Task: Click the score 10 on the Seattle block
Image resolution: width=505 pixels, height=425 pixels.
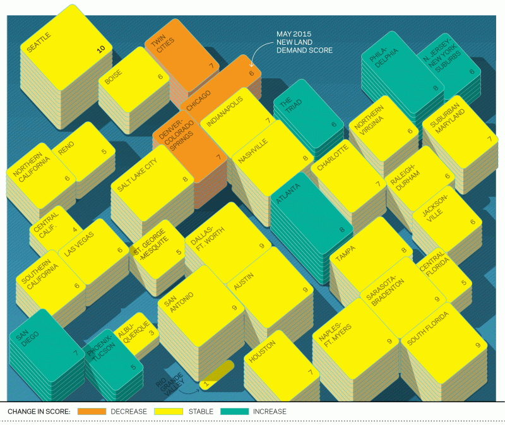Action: point(101,49)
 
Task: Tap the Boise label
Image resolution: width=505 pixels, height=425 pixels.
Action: point(114,76)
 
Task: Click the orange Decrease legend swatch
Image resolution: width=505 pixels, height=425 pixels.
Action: point(92,412)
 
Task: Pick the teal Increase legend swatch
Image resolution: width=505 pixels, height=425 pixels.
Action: point(234,412)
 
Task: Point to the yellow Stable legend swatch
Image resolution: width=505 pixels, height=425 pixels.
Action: point(169,412)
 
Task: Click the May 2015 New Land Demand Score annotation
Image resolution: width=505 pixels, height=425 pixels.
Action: point(304,42)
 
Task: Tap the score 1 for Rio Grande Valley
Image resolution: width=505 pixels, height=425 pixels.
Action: point(206,384)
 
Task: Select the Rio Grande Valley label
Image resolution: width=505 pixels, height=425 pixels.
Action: point(170,383)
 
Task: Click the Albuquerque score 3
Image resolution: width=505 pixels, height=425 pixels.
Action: point(151,333)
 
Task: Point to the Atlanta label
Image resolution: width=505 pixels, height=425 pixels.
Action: point(288,193)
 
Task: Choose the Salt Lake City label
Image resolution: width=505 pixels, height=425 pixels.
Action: point(137,174)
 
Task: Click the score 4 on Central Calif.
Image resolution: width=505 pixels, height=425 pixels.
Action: point(75,229)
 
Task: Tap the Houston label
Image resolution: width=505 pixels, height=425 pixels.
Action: point(263,351)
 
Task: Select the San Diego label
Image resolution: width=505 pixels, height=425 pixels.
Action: point(27,338)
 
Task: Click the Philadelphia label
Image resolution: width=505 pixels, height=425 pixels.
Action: point(383,57)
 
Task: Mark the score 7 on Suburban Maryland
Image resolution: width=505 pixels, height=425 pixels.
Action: point(490,138)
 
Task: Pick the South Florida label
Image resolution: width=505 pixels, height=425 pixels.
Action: point(428,328)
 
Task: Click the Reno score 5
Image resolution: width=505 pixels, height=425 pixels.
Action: point(104,151)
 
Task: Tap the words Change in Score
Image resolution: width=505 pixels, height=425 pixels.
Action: point(39,412)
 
